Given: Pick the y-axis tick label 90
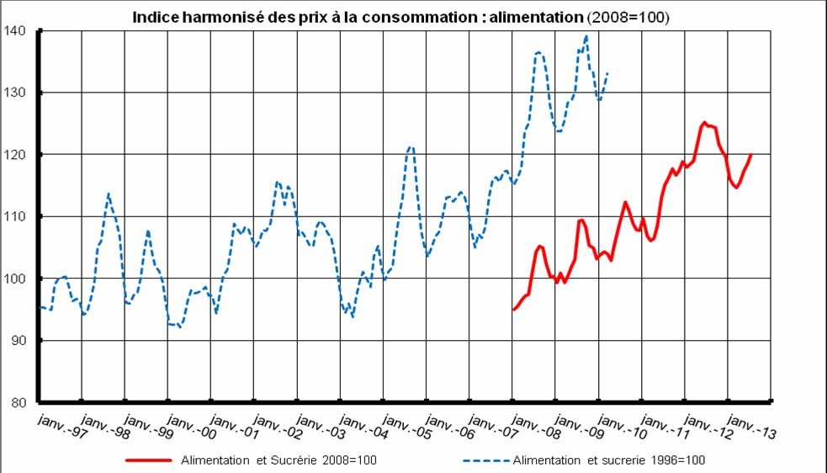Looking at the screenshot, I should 20,341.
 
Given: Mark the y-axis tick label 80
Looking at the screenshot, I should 20,402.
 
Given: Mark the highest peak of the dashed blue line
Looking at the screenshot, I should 586,36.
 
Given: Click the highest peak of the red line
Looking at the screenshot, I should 704,122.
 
